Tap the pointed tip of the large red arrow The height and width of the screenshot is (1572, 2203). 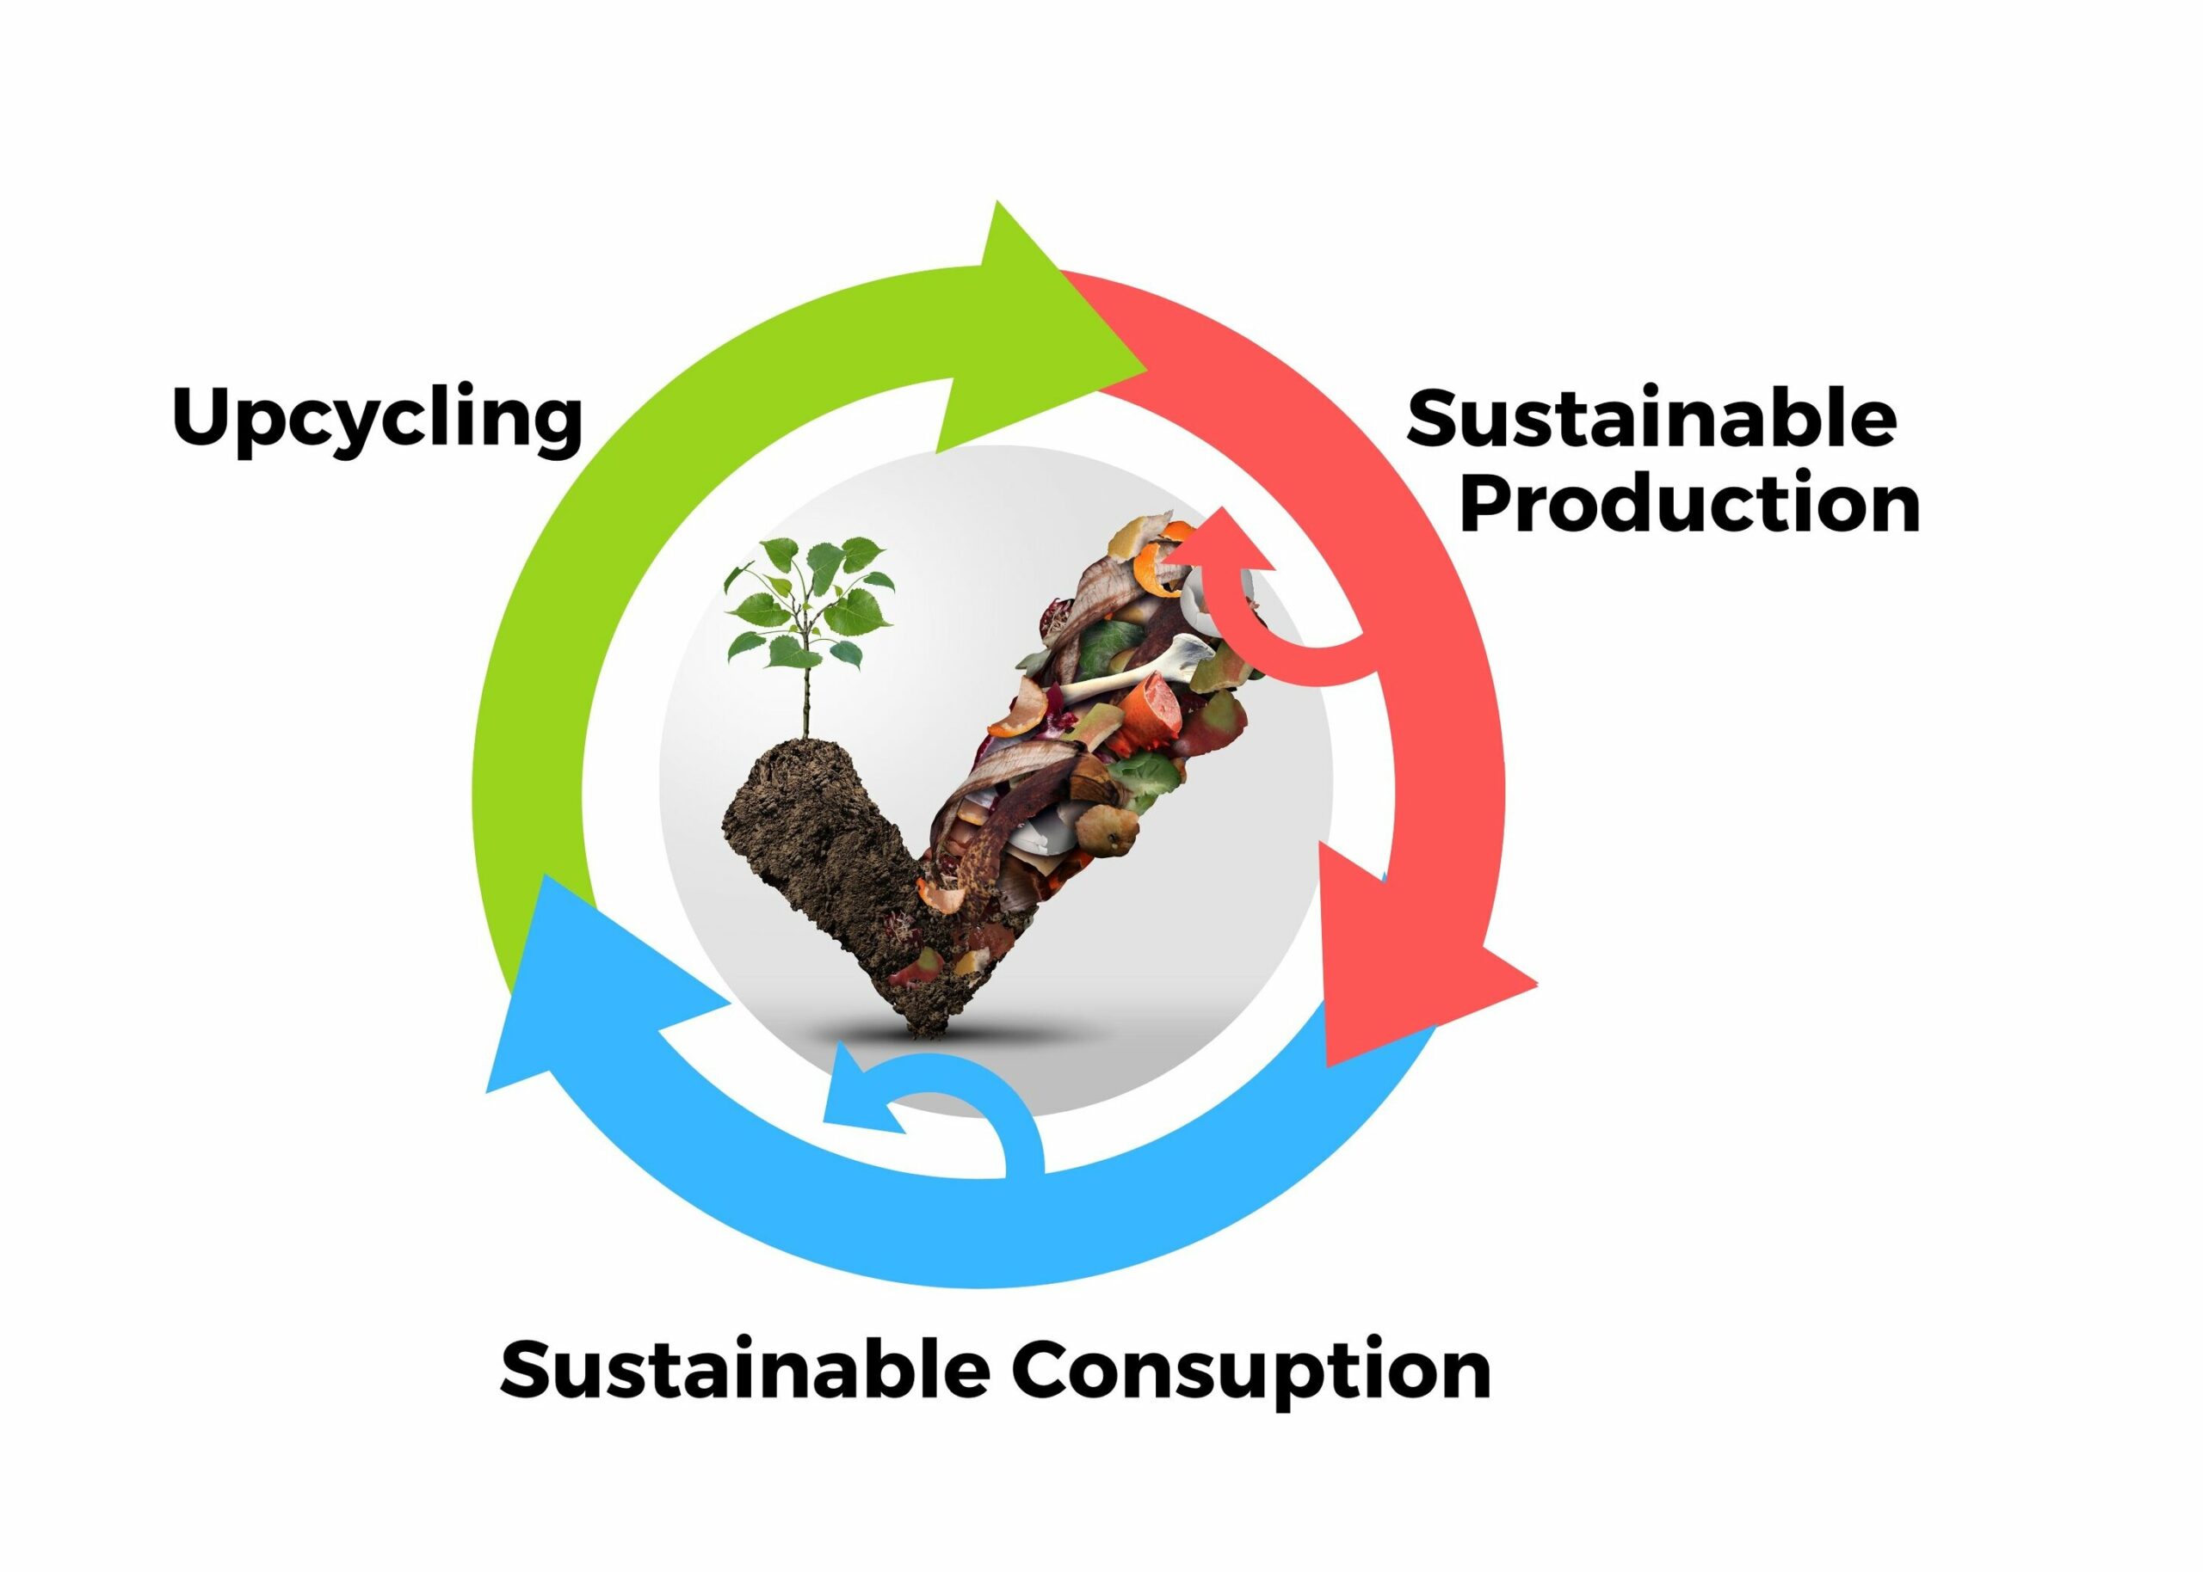click(x=1328, y=1065)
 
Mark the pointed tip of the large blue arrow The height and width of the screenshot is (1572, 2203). click(x=486, y=1092)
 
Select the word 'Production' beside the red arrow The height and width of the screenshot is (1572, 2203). click(x=1688, y=502)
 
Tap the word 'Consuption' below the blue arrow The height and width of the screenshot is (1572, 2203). click(x=1251, y=1373)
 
